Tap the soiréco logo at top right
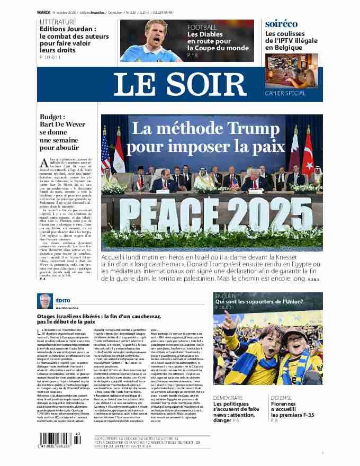(x=281, y=24)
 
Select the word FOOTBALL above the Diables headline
(x=202, y=27)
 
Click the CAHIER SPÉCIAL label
(x=285, y=93)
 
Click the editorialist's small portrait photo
(x=45, y=301)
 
